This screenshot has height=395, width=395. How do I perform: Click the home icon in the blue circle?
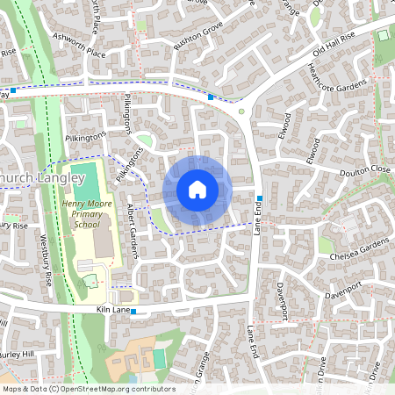coord(197,190)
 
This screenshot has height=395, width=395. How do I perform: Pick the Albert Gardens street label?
coord(133,230)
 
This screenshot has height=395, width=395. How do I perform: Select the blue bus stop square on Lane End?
coord(261,197)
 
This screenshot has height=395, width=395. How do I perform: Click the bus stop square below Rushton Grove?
coord(212,97)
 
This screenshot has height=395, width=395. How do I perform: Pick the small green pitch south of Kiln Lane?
coord(160,358)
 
